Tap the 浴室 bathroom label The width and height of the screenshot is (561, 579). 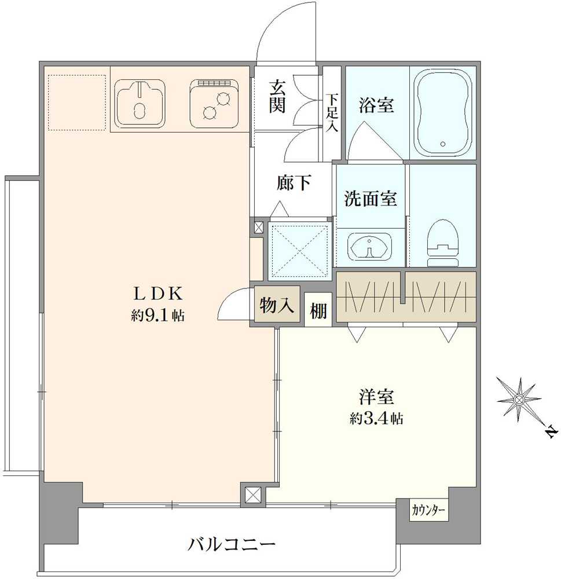[376, 106]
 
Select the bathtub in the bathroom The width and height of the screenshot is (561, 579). [443, 112]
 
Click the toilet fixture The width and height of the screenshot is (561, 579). [442, 243]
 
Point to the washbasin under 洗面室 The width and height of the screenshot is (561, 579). [369, 247]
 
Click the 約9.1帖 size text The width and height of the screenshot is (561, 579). [157, 316]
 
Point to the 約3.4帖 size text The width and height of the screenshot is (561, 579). [376, 419]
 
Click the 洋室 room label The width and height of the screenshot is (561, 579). [376, 398]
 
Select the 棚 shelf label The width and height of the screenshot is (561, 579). [318, 311]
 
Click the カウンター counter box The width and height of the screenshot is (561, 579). [429, 510]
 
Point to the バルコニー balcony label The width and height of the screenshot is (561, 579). [231, 544]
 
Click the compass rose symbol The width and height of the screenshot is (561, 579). [519, 399]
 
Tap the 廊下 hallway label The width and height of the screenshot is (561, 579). [294, 184]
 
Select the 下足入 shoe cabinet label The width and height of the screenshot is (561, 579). [331, 113]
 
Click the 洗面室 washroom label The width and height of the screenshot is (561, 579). [370, 199]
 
